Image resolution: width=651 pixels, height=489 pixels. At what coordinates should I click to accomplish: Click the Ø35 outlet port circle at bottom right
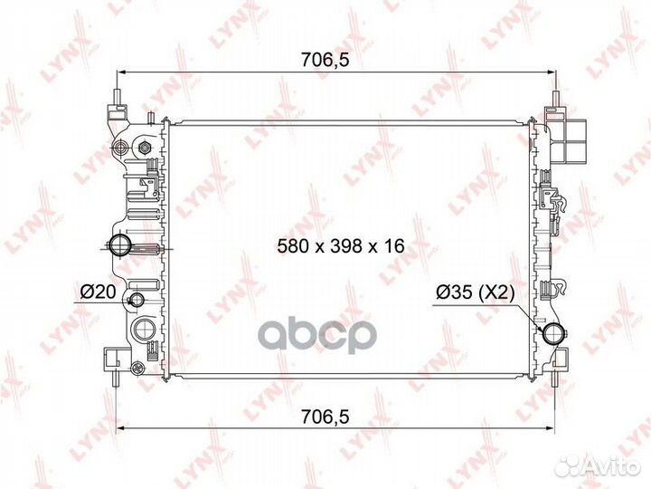coord(552,332)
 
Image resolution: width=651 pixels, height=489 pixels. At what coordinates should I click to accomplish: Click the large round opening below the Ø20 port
coord(141,330)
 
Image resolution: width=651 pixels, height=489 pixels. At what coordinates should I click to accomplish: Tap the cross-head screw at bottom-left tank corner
coord(137,368)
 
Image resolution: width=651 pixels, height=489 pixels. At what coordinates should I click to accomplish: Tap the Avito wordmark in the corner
coord(610,466)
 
